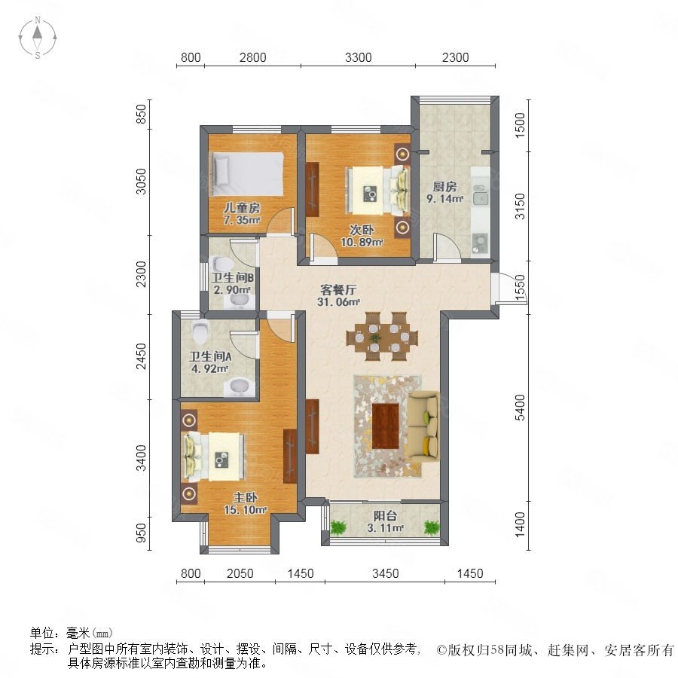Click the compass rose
(38, 38)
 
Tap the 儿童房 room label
(242, 214)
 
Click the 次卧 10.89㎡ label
(362, 236)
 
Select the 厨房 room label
(445, 192)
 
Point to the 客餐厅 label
(338, 295)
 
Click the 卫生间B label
(232, 283)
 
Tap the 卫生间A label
(210, 362)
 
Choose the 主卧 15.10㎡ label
(245, 504)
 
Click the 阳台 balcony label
(385, 521)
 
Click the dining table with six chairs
(382, 337)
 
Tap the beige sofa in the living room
(423, 426)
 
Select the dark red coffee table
(385, 426)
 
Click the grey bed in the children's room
(247, 174)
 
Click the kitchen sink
(481, 194)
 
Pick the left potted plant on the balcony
(338, 527)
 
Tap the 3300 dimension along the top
(358, 57)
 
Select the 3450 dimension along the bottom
(385, 573)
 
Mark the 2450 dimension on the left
(142, 357)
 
